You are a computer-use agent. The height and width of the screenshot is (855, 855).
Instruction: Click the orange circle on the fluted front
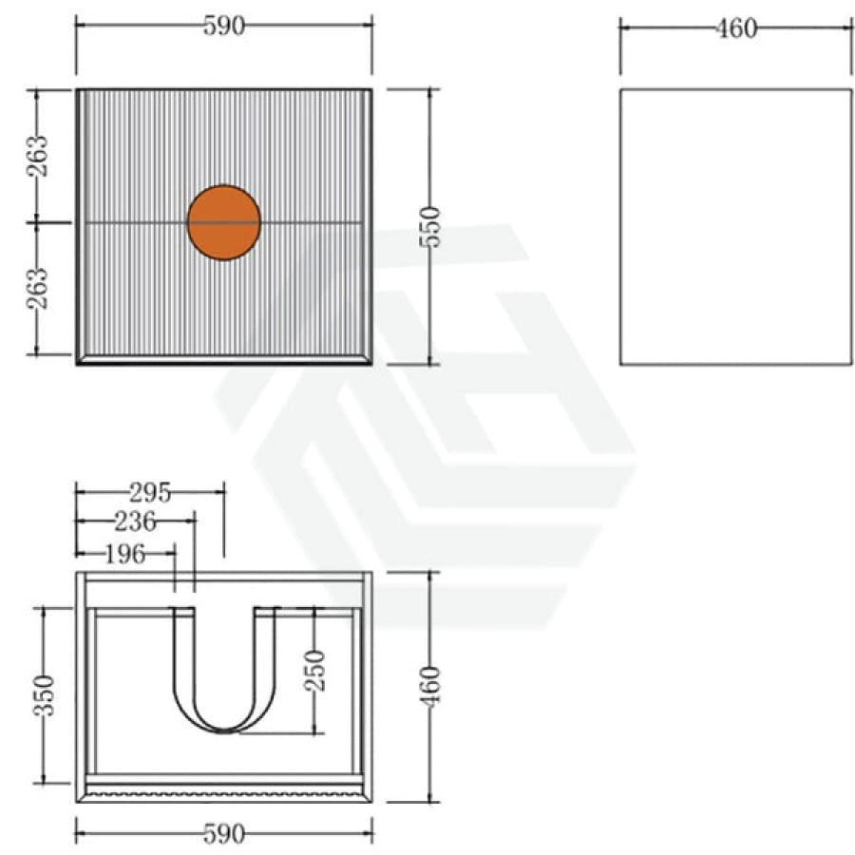click(x=224, y=222)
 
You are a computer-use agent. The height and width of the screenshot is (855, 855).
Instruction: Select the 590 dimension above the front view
click(x=224, y=26)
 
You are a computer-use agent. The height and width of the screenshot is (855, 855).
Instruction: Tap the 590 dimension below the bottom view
click(x=224, y=834)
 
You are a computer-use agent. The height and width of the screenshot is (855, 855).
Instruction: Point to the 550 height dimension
click(x=430, y=227)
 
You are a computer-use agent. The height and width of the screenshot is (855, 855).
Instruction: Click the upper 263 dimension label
click(x=38, y=156)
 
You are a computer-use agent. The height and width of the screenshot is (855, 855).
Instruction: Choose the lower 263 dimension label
click(x=38, y=288)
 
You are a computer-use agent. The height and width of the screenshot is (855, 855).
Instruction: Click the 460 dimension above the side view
click(x=736, y=28)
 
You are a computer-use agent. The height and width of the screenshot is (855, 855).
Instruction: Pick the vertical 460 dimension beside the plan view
click(x=430, y=688)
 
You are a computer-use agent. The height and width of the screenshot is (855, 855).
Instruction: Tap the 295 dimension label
click(x=150, y=492)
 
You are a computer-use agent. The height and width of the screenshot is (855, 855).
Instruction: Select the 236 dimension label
click(x=135, y=522)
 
